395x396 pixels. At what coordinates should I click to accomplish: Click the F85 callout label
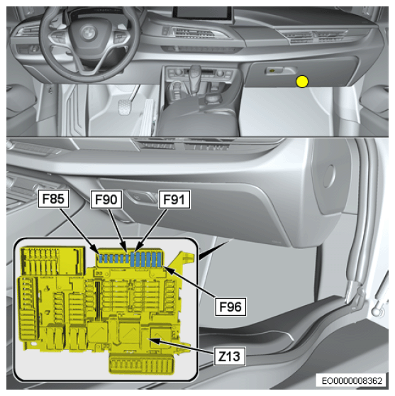[x=53, y=199]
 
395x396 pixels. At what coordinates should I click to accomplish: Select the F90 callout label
[x=106, y=199]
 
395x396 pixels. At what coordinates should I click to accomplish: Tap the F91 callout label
[x=174, y=199]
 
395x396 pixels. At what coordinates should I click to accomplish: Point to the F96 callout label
[x=230, y=307]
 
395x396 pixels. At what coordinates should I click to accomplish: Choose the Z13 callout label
[x=230, y=356]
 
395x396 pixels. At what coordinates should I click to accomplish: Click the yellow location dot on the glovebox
[x=302, y=82]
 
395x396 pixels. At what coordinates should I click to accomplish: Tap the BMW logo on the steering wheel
[x=89, y=33]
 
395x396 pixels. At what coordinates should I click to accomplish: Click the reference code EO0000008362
[x=352, y=380]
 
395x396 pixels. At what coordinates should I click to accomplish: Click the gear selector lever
[x=194, y=78]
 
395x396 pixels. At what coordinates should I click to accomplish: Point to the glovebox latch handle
[x=281, y=71]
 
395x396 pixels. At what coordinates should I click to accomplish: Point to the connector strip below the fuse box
[x=142, y=363]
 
